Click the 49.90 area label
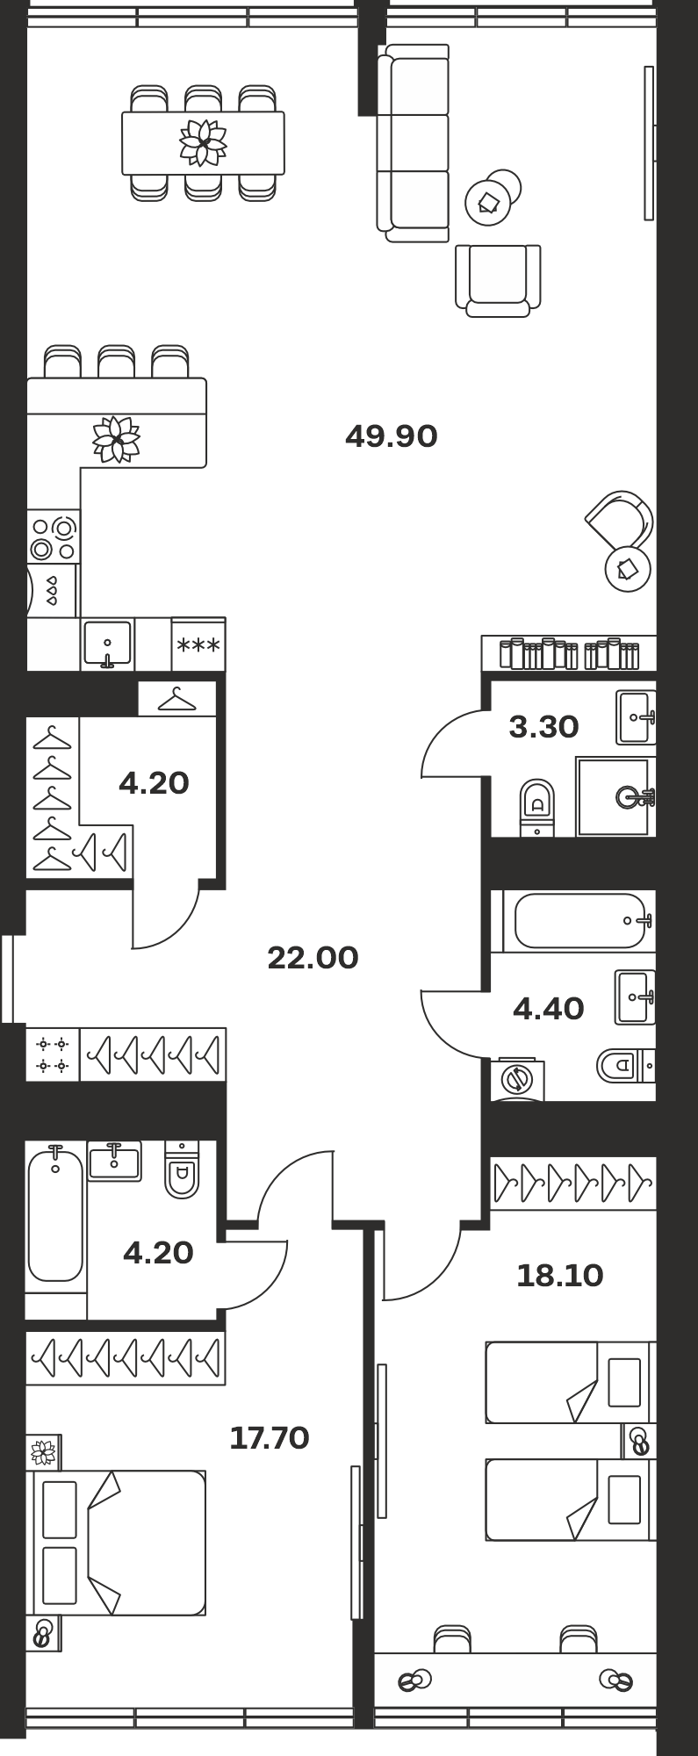pos(391,435)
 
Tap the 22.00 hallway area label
pos(313,957)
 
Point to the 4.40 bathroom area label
pos(548,1009)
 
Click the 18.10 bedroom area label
pos(559,1275)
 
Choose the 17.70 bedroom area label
pos(269,1437)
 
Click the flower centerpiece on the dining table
pos(203,142)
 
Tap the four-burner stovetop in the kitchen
pos(54,537)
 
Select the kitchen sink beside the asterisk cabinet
pos(108,644)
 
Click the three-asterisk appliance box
pos(198,645)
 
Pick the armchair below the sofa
pos(498,280)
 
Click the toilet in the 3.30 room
pos(536,808)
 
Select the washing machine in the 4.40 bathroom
pos(518,1079)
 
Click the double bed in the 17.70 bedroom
pos(119,1543)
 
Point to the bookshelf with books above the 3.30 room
pos(569,653)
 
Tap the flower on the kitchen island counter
pos(117,439)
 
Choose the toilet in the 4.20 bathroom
pos(182,1169)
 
